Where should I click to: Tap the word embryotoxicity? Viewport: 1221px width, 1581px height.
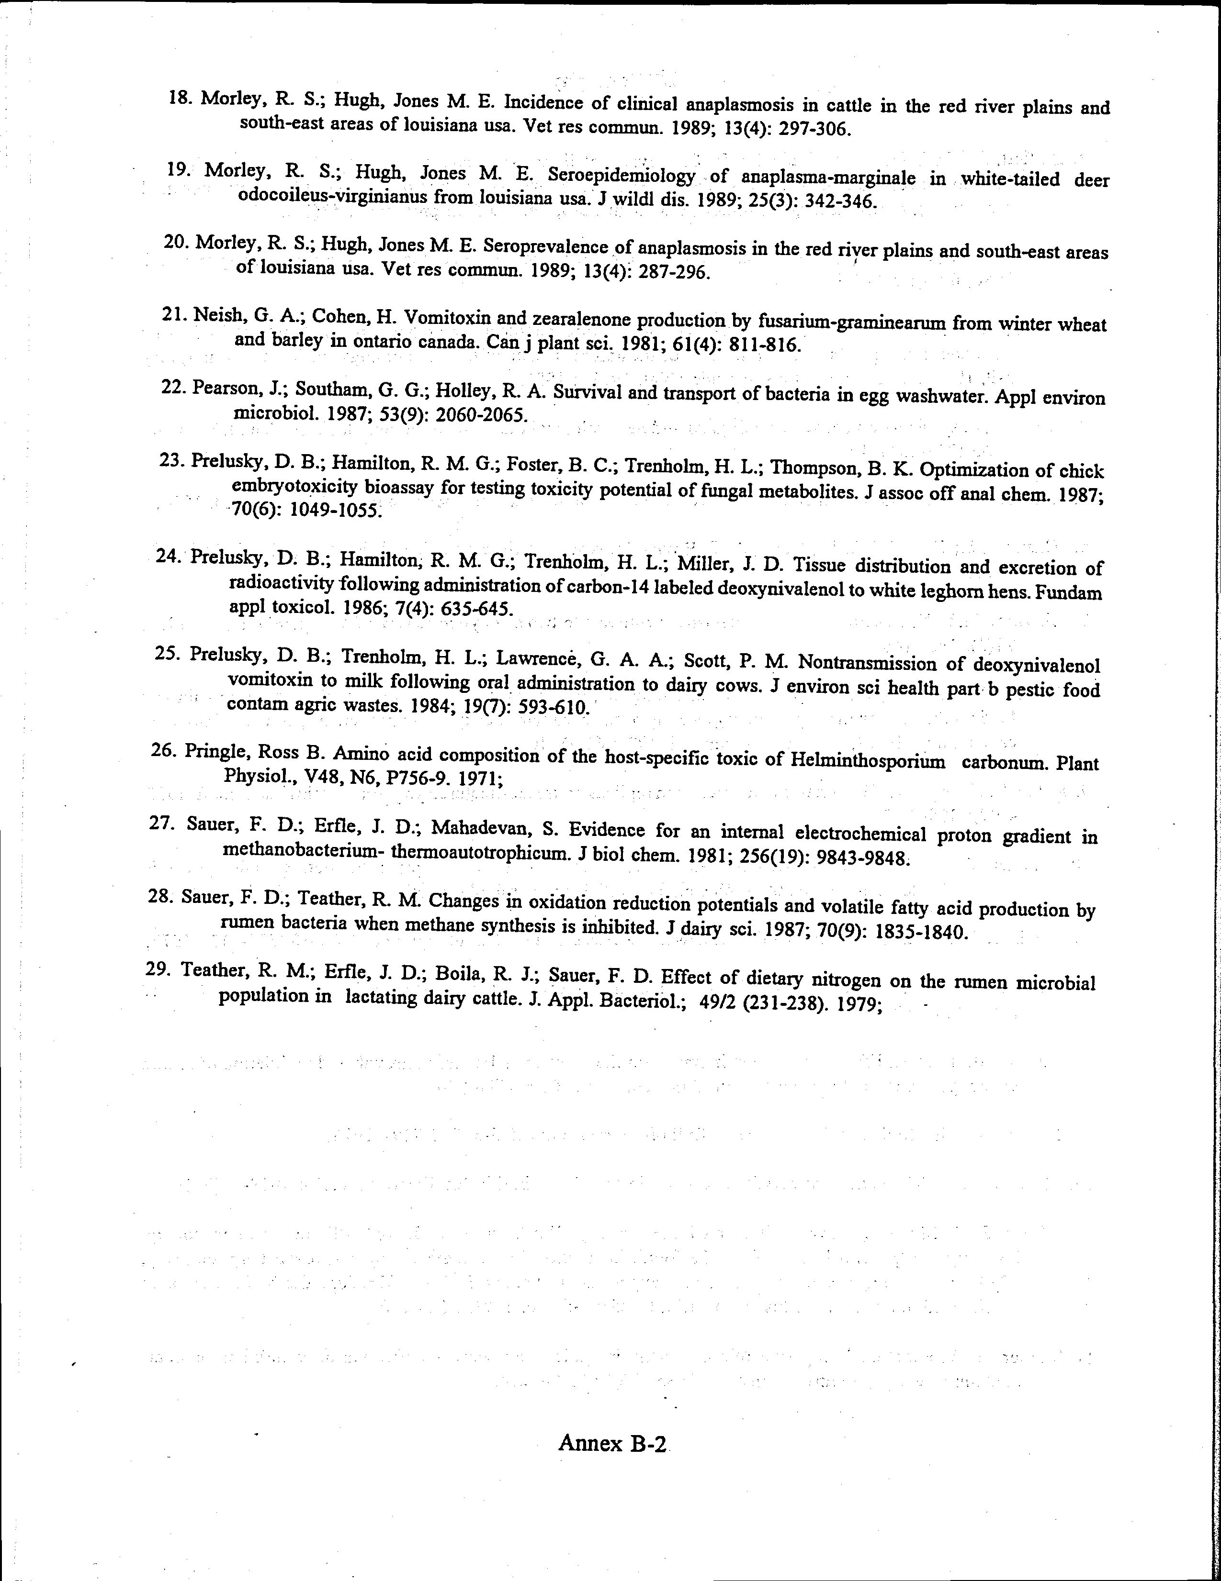[x=294, y=487]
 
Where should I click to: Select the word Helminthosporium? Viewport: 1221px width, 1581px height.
[x=868, y=761]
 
